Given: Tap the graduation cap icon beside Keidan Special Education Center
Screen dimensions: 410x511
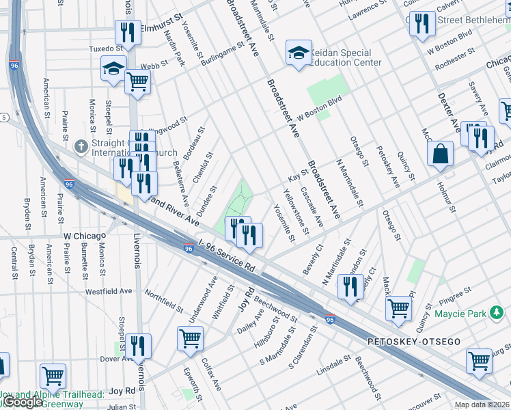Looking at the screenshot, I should point(299,54).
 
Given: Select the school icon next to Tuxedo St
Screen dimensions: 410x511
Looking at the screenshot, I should point(113,68).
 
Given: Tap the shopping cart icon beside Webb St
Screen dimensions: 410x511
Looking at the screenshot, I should point(137,82).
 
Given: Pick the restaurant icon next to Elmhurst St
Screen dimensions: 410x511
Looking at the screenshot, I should point(128,33).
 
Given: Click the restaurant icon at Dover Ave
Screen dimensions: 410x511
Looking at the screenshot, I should point(138,346).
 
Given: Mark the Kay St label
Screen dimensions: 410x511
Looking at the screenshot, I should point(299,177).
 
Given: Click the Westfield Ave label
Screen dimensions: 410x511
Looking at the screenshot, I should point(109,290).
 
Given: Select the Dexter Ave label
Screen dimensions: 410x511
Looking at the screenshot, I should point(449,112).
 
